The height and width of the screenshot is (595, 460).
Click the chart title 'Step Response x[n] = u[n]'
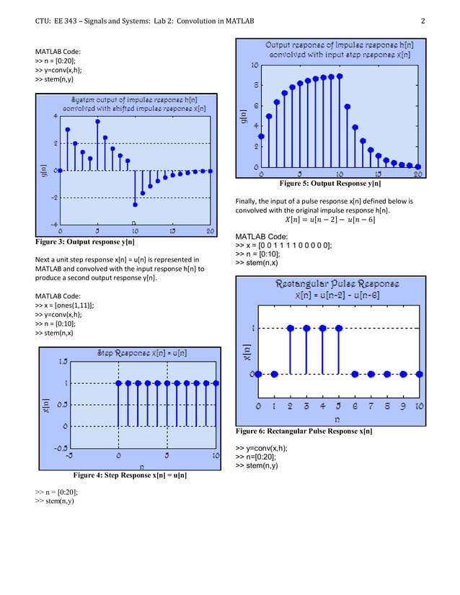click(x=142, y=352)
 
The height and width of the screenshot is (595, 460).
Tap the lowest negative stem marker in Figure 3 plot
click(x=135, y=205)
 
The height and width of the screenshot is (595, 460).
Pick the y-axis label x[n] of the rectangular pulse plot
click(x=246, y=352)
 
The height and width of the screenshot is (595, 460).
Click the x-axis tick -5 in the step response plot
click(x=68, y=456)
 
